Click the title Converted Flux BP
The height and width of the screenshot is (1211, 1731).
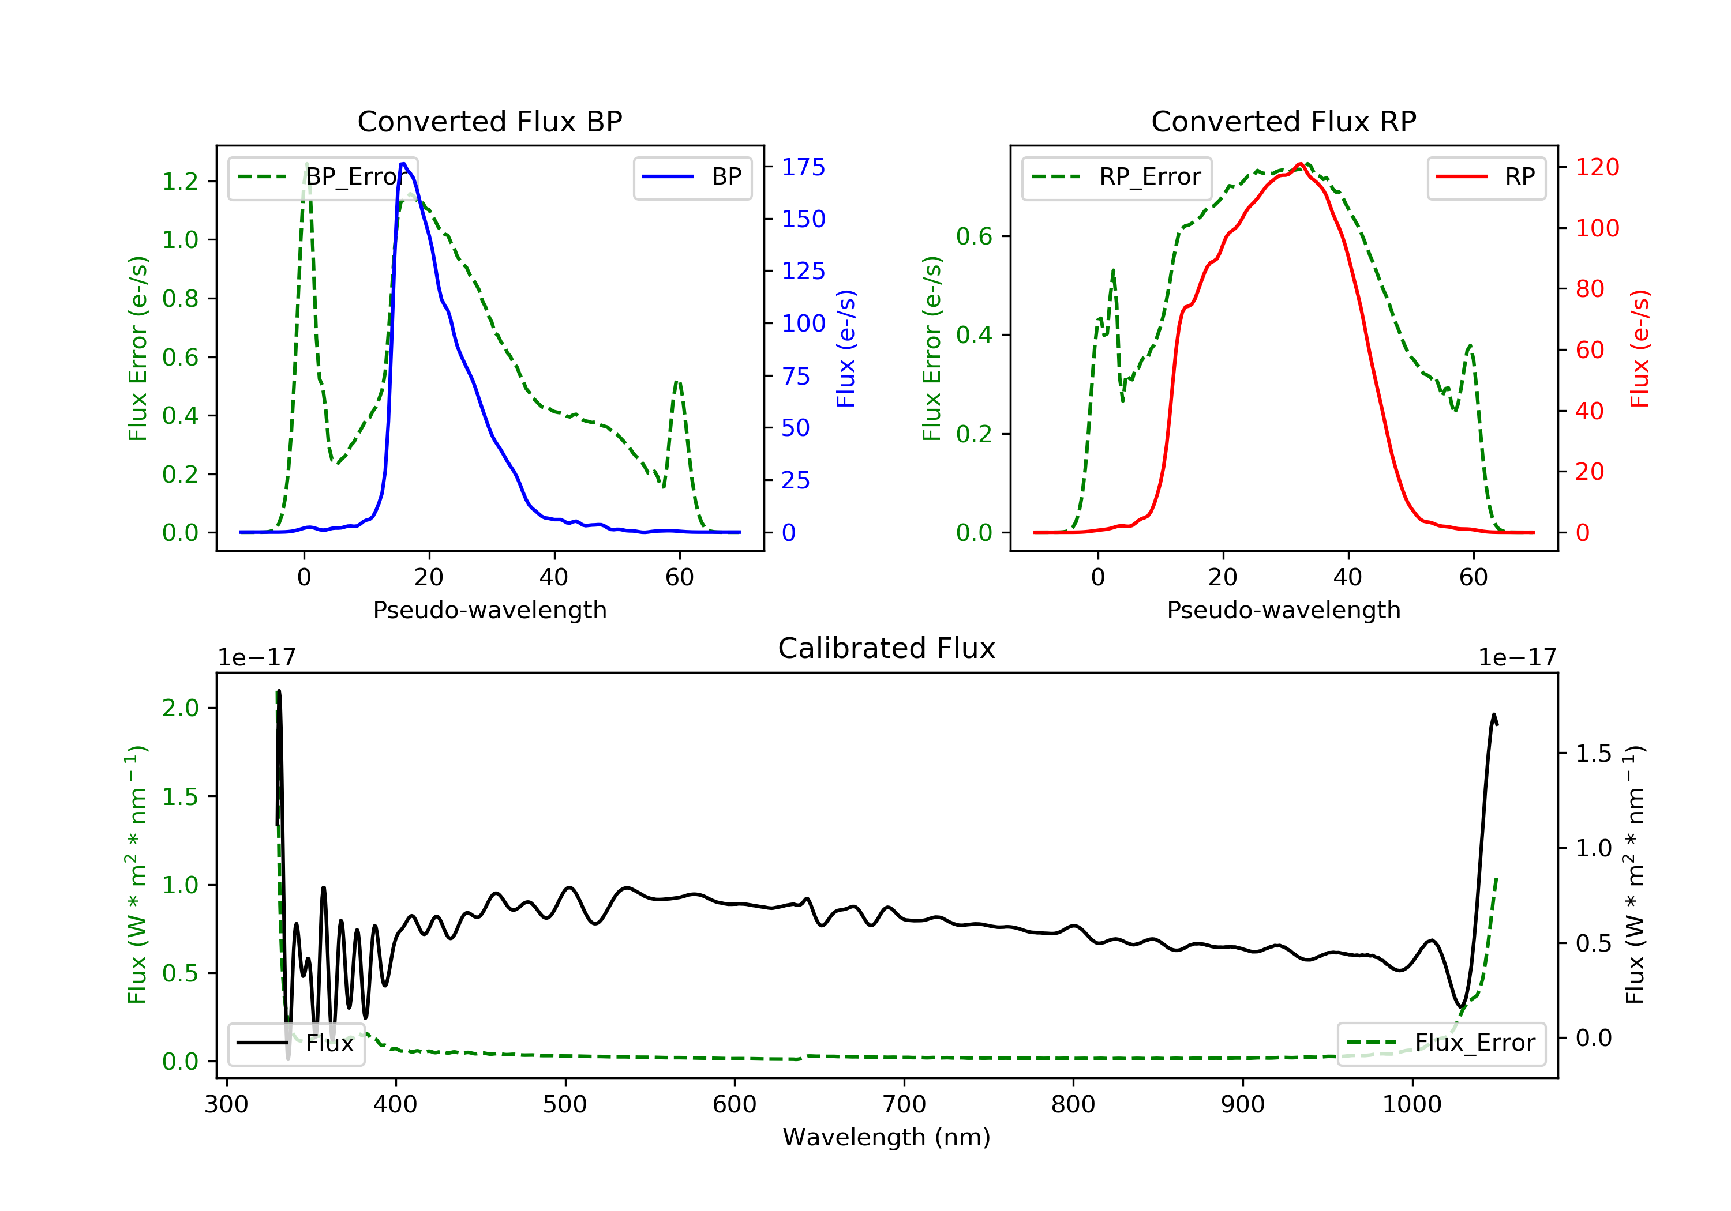click(x=490, y=121)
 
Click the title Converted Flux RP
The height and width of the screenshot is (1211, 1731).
click(x=1284, y=121)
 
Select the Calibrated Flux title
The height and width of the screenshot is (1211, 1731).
click(x=887, y=648)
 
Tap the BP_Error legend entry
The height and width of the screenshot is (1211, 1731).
click(x=323, y=177)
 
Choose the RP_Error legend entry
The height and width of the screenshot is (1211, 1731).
click(x=1116, y=177)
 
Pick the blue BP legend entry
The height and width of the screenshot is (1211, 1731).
click(x=692, y=177)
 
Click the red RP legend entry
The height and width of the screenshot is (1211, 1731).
click(x=1486, y=177)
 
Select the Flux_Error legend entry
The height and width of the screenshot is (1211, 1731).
click(x=1441, y=1043)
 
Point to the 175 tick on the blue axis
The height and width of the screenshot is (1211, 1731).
click(x=803, y=167)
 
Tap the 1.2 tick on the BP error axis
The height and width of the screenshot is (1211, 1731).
click(x=180, y=182)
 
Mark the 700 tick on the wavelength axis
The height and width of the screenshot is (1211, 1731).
click(x=904, y=1105)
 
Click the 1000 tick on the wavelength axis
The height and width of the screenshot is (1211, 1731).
click(x=1412, y=1105)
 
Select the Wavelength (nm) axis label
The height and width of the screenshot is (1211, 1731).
click(x=887, y=1137)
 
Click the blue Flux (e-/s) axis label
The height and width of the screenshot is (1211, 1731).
click(x=846, y=349)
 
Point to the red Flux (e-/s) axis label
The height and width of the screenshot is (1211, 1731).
click(x=1640, y=349)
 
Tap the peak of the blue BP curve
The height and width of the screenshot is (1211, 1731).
click(x=403, y=164)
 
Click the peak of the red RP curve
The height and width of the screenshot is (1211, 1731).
click(x=1300, y=164)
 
